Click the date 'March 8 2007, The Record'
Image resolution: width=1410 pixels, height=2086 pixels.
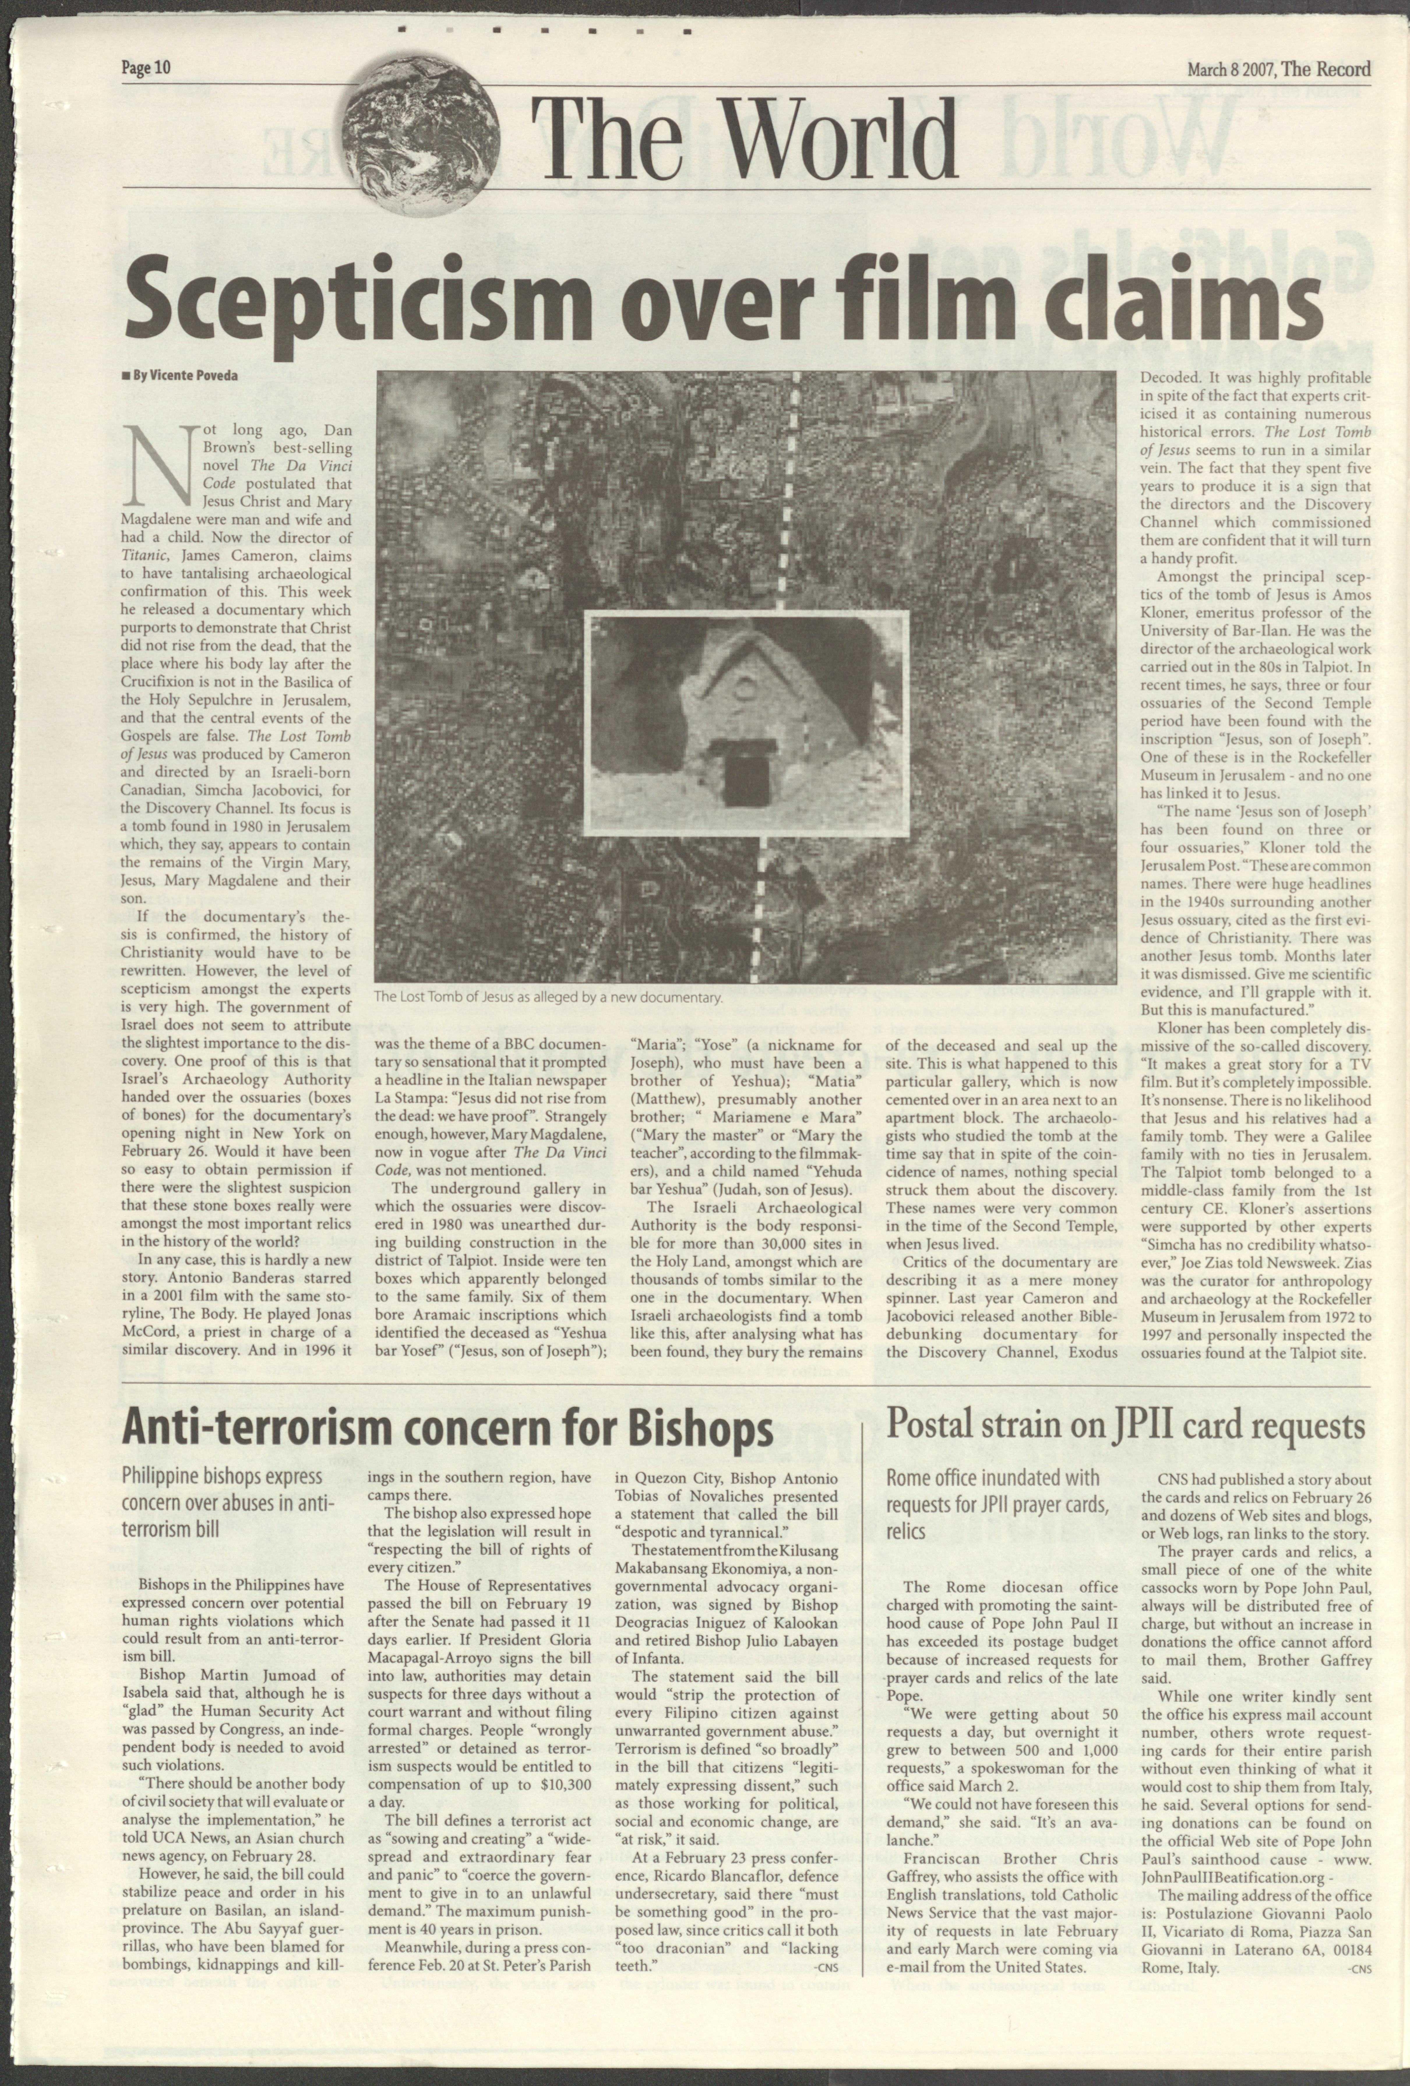click(x=1279, y=69)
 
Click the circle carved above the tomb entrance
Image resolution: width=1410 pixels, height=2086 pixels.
click(x=744, y=689)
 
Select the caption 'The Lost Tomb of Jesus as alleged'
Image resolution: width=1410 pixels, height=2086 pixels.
click(x=547, y=997)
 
